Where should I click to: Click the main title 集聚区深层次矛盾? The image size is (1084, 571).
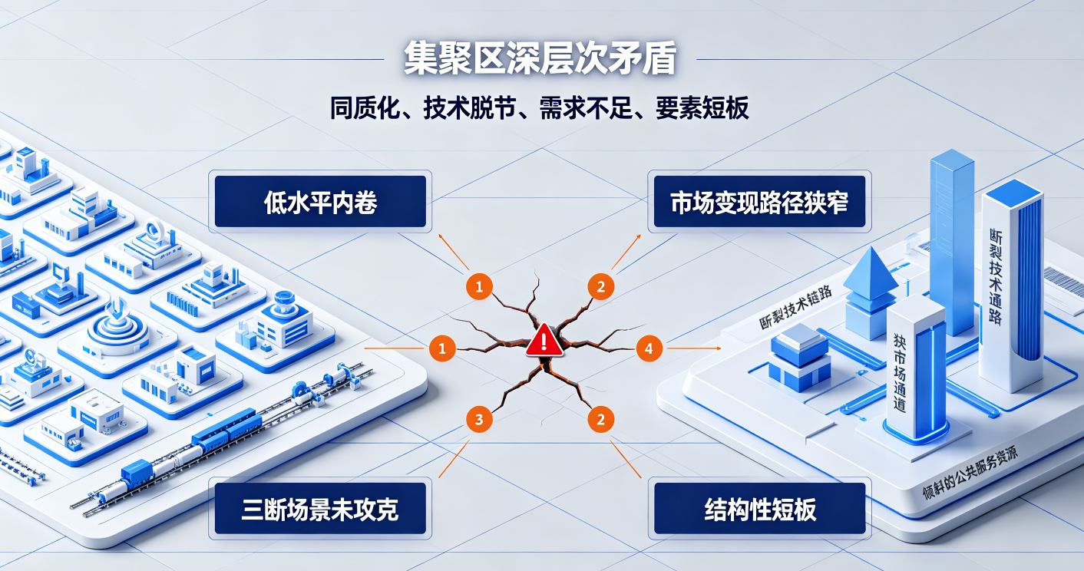(540, 59)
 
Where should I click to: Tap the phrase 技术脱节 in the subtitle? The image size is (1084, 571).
(469, 108)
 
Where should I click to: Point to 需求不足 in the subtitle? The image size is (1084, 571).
(586, 108)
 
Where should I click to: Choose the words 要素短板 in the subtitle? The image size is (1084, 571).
(702, 108)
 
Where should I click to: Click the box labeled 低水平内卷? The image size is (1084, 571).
(320, 201)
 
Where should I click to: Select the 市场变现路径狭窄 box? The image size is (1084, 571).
(759, 201)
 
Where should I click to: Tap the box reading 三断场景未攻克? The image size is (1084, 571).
(320, 509)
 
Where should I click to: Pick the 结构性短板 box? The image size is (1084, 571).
(760, 509)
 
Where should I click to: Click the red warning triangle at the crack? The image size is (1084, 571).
(544, 340)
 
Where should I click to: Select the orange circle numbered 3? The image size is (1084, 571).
(479, 420)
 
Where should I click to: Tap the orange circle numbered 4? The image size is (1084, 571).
(649, 348)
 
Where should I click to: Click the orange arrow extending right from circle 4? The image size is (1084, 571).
(694, 348)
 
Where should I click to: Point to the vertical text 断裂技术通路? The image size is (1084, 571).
(996, 276)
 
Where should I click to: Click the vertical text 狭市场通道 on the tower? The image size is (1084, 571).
(900, 372)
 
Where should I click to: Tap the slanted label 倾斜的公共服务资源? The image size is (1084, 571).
(970, 473)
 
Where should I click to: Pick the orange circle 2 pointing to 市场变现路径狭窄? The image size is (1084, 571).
(601, 287)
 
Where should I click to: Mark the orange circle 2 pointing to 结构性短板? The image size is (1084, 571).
(601, 420)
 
